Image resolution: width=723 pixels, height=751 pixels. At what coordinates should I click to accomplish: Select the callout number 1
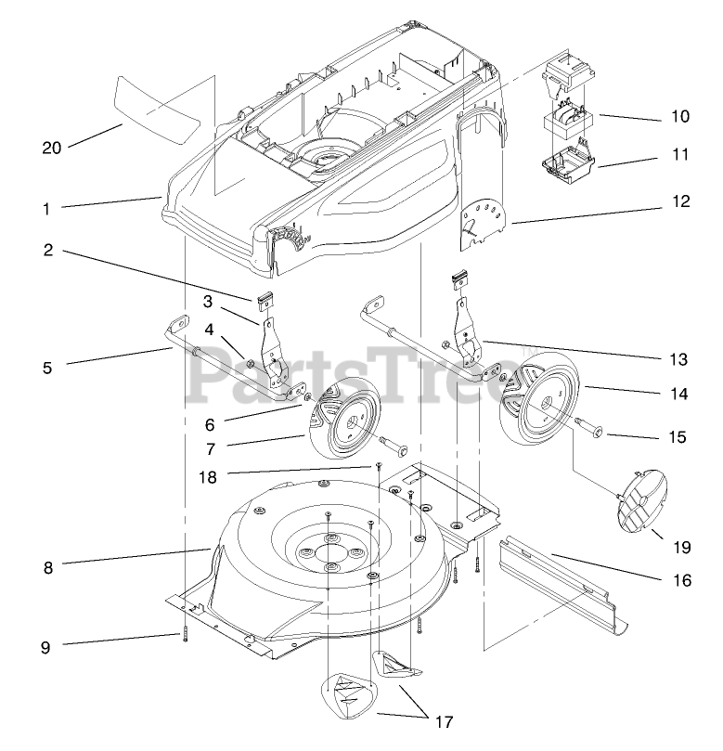45,209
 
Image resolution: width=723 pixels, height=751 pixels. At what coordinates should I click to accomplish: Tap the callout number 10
680,117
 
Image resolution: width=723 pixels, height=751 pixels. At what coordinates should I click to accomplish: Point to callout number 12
680,201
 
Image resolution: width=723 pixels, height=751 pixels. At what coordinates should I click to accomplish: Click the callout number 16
682,580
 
